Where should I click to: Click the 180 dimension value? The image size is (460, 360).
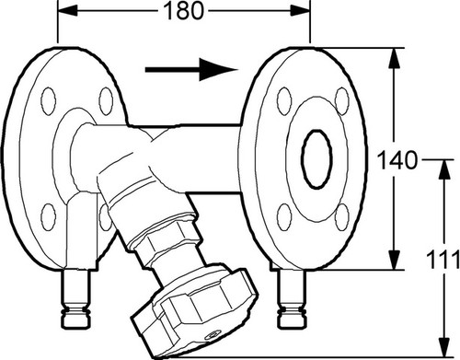click(x=184, y=11)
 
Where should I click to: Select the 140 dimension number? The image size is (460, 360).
click(x=397, y=160)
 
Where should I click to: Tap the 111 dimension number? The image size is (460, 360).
click(x=443, y=260)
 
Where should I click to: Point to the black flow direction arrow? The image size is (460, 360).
click(x=191, y=70)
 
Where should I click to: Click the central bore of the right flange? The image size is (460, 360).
click(x=316, y=159)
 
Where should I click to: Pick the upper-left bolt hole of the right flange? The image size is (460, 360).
click(x=284, y=101)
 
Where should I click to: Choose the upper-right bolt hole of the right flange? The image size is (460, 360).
click(x=342, y=101)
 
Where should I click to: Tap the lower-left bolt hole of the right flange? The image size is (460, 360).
click(x=284, y=217)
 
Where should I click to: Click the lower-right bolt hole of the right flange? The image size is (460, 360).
click(x=342, y=217)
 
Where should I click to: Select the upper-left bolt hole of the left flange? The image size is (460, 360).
click(x=49, y=101)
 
